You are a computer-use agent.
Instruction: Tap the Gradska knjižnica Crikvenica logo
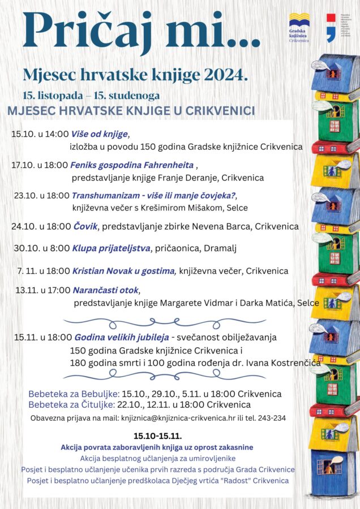[299, 28]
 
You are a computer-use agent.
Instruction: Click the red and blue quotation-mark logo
[331, 28]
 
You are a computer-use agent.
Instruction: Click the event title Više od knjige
[100, 135]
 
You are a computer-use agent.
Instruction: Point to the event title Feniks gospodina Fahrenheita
[132, 166]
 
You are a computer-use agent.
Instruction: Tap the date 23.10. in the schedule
[25, 196]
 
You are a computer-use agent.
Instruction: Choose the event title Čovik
[85, 226]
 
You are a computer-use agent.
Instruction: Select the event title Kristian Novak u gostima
[124, 271]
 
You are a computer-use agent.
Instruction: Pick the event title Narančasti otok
[105, 291]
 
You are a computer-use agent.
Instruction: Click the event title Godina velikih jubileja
[121, 337]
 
